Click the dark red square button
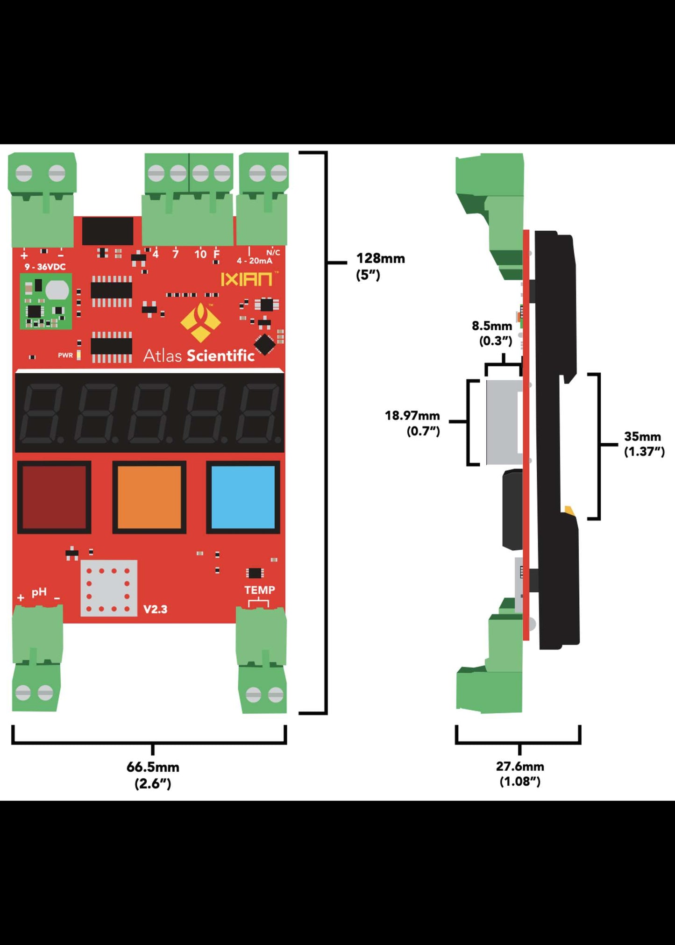(54, 497)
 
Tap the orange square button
(149, 497)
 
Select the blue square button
(243, 497)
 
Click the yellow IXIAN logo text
(246, 279)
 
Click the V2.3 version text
(155, 609)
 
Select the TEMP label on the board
(260, 590)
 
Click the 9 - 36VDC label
(45, 267)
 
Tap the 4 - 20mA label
(254, 261)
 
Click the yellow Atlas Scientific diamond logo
(200, 322)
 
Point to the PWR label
(65, 355)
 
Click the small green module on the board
(46, 301)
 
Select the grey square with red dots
(109, 588)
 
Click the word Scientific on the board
(220, 356)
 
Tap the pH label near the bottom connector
(39, 592)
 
